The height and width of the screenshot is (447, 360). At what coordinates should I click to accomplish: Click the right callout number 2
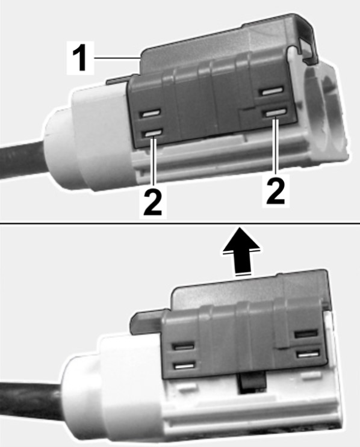click(275, 190)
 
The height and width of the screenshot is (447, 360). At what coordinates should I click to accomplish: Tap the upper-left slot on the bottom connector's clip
click(184, 347)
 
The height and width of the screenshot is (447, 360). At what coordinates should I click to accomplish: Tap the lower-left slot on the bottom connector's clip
click(185, 366)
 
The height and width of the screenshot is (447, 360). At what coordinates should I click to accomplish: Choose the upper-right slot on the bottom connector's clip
click(306, 333)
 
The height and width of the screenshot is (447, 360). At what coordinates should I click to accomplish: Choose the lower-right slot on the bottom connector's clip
click(308, 354)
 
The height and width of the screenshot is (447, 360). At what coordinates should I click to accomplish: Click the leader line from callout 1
click(116, 58)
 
